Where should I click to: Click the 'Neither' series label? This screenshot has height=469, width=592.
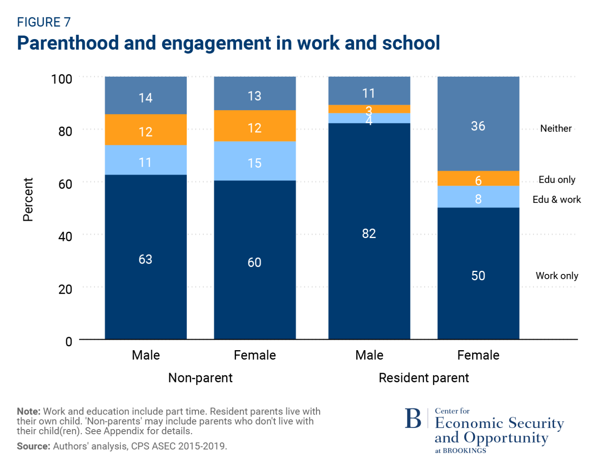click(556, 128)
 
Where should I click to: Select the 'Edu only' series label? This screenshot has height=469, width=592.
click(556, 180)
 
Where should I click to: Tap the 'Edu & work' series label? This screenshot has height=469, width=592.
click(556, 199)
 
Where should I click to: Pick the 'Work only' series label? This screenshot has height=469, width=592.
click(556, 276)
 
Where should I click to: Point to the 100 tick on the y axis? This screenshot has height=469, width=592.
click(62, 79)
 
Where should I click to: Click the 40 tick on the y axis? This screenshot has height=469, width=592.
click(65, 236)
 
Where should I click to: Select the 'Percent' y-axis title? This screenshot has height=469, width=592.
click(28, 199)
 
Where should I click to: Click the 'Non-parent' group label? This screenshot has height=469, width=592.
click(200, 378)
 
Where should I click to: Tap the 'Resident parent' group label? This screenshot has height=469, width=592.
click(423, 378)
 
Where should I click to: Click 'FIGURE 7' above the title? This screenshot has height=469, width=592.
click(43, 22)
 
